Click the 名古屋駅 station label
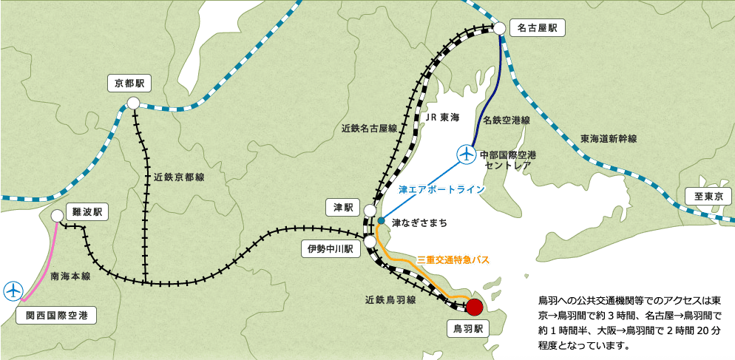point(537,29)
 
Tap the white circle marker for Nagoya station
point(500,28)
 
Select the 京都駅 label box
point(129,82)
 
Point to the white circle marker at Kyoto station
point(133,103)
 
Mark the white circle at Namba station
point(58,216)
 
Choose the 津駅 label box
point(343,208)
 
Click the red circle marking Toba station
point(475,307)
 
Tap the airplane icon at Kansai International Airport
point(13,291)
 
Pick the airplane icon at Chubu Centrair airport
point(467,154)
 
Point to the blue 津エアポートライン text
point(441,190)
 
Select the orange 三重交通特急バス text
point(454,259)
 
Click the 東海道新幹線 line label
point(609,138)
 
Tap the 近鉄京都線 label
point(180,177)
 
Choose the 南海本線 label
point(70,276)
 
